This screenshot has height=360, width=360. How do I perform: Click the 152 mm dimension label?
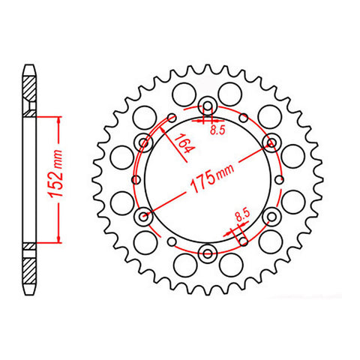click(x=56, y=174)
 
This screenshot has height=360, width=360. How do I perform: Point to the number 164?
click(x=184, y=143)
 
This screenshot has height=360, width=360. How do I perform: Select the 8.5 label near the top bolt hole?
click(x=217, y=130)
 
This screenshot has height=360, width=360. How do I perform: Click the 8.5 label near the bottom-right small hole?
click(x=242, y=215)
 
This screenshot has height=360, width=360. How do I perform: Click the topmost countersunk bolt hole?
click(x=208, y=106)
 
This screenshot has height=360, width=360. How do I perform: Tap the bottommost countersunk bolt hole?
click(x=208, y=253)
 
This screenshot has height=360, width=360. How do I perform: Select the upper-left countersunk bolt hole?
click(x=144, y=143)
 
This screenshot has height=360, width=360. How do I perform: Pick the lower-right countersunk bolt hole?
click(x=271, y=217)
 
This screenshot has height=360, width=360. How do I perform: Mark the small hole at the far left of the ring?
click(x=136, y=179)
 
